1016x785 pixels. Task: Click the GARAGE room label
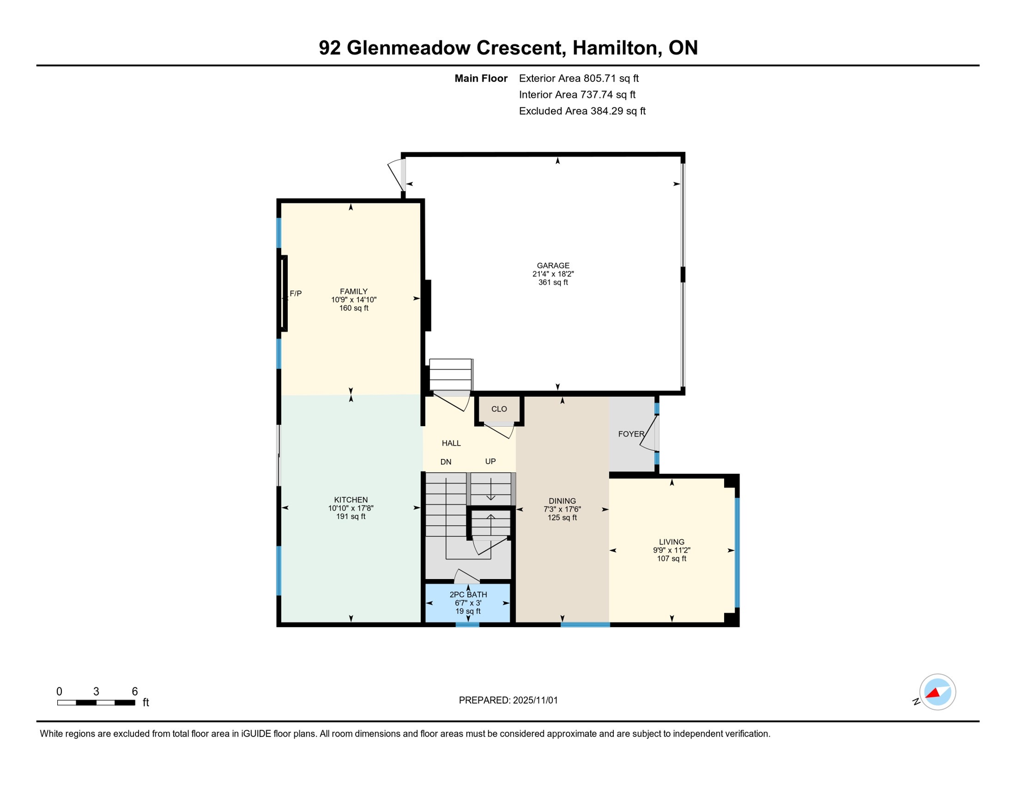coord(553,265)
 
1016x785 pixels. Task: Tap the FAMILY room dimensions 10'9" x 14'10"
coord(354,300)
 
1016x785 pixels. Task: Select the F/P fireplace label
coord(295,293)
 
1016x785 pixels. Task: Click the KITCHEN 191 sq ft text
coord(351,517)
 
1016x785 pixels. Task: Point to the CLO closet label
coord(499,409)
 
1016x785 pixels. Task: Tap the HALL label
coord(451,443)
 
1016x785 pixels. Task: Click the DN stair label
coord(446,462)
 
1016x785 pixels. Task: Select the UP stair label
coord(490,461)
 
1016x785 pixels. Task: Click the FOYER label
coord(631,434)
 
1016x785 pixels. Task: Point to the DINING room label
coord(562,501)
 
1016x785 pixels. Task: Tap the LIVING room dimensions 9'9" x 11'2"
coord(672,550)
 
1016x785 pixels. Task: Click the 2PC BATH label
coord(468,594)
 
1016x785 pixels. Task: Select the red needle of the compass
coord(933,694)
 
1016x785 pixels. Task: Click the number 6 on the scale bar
coord(135,691)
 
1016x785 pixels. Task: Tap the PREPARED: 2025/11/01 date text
coord(508,700)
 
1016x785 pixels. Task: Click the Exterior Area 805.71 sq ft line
coord(579,78)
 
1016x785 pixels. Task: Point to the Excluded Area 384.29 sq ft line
coord(582,111)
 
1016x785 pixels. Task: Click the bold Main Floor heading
coord(481,78)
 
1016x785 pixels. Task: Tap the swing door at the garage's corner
coord(396,175)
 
